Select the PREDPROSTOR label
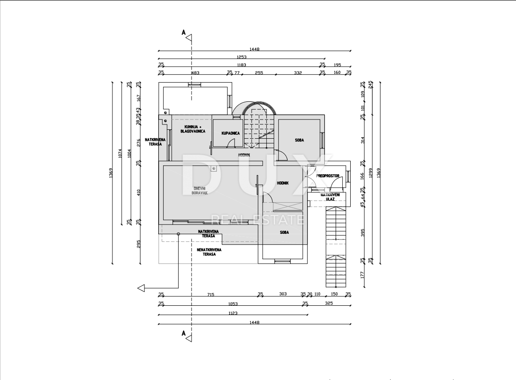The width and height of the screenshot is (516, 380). pos(328,176)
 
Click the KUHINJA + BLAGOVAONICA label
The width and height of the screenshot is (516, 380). pos(192,129)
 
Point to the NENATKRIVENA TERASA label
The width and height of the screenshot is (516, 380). pos(209,252)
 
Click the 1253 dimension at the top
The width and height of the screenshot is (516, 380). pos(241,57)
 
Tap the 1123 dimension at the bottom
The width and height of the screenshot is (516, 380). pos(232,313)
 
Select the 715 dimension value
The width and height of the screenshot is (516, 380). pos(211,294)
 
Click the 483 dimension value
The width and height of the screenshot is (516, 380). pos(195,72)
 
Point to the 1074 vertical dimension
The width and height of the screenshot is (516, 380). pos(120,153)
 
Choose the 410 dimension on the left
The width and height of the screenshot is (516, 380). pos(139,192)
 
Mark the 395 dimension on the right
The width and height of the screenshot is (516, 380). pos(362,232)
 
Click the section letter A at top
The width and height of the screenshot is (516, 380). pos(183,32)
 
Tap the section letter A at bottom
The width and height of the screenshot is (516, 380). pos(183,332)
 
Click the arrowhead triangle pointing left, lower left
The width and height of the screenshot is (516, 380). pos(141,288)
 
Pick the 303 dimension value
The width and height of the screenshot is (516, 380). pos(283,294)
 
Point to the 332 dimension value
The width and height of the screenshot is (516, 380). pos(298,72)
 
